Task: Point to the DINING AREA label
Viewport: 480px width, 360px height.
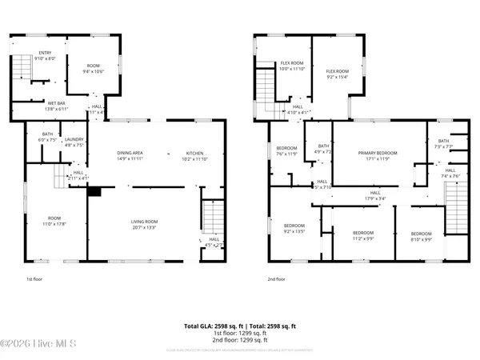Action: click(130, 156)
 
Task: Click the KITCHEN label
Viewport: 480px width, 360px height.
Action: click(196, 156)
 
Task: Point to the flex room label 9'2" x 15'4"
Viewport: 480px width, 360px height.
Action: click(337, 74)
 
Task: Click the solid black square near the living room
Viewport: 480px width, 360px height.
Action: click(94, 191)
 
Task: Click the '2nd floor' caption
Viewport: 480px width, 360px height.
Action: click(277, 279)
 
